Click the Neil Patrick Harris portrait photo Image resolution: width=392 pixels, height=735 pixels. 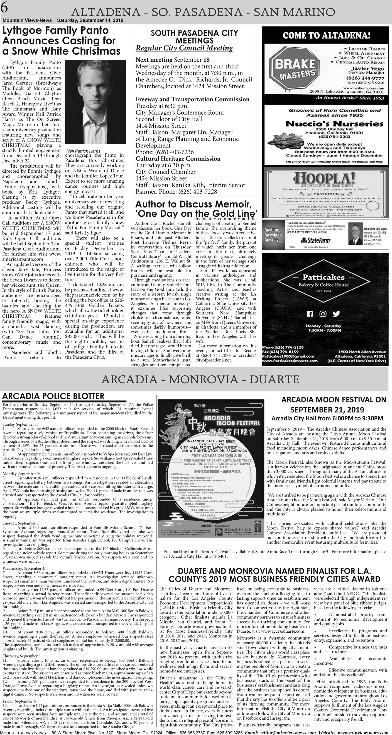(95, 102)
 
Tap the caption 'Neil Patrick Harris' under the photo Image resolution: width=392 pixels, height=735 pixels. (83, 151)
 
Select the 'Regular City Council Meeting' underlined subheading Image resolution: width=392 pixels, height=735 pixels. (184, 48)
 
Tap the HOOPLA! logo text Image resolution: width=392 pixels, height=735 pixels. (325, 179)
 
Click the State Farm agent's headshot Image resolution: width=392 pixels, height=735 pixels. (355, 233)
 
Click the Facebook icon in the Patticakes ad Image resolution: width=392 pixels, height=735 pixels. (310, 314)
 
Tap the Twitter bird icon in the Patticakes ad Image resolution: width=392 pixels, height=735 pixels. (336, 314)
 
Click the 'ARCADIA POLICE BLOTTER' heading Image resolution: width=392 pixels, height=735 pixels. (53, 396)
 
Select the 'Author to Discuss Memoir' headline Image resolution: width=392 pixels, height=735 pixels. (193, 204)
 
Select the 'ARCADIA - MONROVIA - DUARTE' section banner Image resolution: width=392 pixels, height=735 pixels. (200, 379)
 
